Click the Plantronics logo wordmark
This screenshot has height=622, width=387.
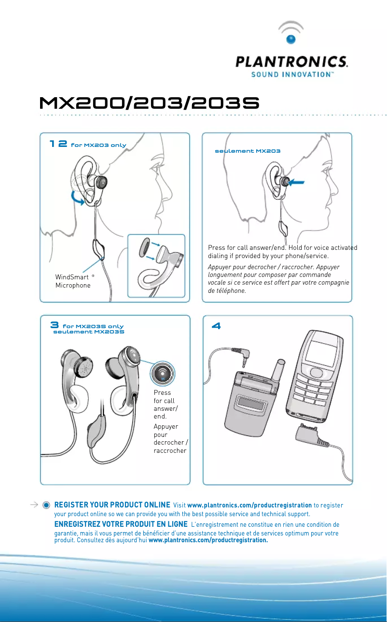tap(291, 62)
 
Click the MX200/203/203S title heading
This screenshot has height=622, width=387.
tap(150, 102)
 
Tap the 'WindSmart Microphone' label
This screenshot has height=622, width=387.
tap(72, 281)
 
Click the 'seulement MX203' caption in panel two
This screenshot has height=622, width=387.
tap(248, 151)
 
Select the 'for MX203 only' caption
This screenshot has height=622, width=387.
tap(98, 145)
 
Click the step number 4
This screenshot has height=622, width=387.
tap(217, 327)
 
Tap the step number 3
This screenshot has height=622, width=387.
tap(55, 325)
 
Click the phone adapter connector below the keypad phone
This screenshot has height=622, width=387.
tap(307, 435)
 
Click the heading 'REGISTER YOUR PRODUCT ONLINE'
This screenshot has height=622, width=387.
tap(112, 505)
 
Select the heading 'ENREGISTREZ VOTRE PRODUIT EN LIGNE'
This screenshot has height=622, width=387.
tap(121, 524)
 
